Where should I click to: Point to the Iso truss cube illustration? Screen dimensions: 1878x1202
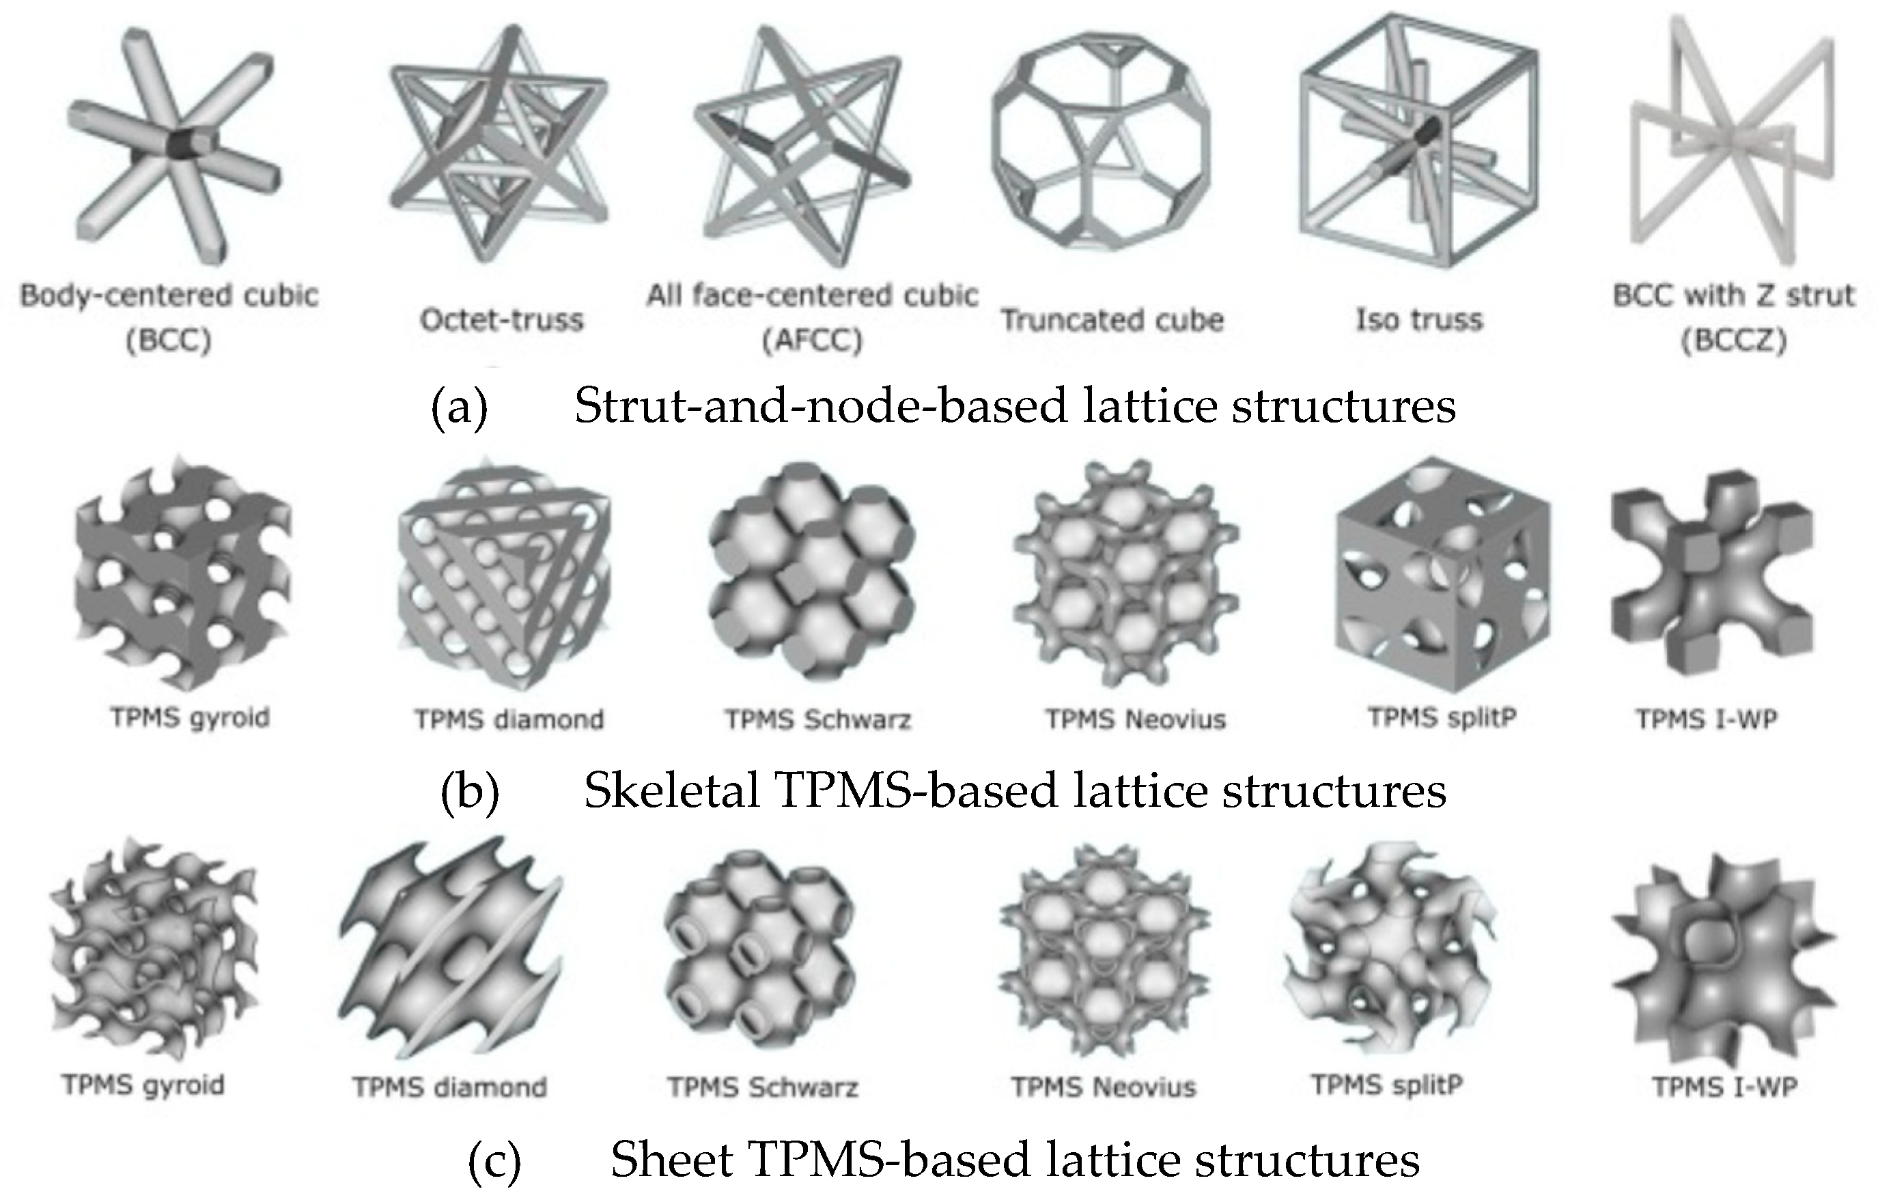click(1417, 141)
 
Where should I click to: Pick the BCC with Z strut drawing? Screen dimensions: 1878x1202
click(1730, 141)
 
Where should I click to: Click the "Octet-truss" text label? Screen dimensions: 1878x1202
click(502, 320)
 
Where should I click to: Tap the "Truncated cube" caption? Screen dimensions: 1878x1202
click(1112, 320)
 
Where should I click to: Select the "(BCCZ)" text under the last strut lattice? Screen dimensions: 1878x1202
click(1733, 341)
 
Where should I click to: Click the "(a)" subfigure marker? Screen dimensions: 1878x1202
click(459, 407)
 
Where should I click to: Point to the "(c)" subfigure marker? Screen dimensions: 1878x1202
click(494, 1160)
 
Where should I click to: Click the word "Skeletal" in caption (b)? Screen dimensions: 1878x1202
click(671, 790)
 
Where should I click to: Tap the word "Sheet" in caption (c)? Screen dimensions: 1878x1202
click(671, 1160)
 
